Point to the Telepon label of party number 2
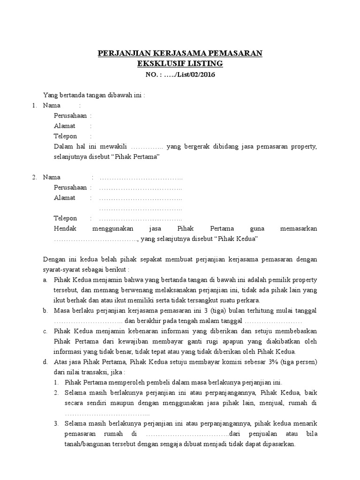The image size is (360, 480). [x=65, y=218]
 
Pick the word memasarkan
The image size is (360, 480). [x=298, y=229]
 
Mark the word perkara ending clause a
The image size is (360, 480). [x=248, y=300]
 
